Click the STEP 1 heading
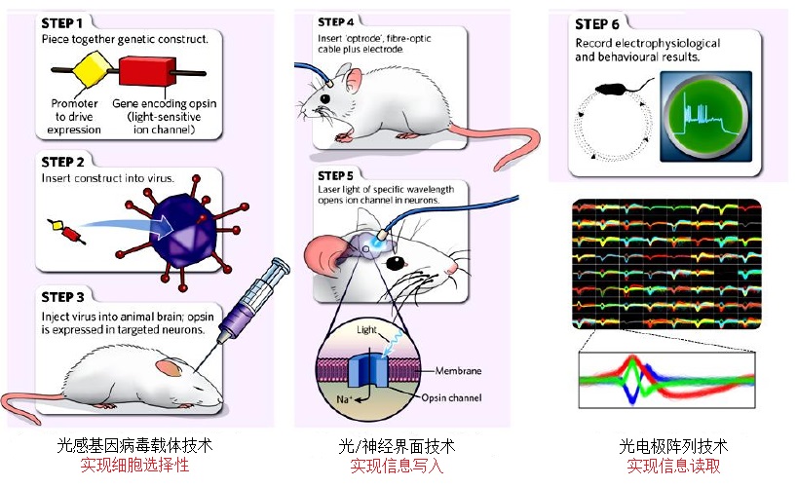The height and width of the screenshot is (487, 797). pos(67,20)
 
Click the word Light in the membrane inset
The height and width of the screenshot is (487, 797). pos(365,331)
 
